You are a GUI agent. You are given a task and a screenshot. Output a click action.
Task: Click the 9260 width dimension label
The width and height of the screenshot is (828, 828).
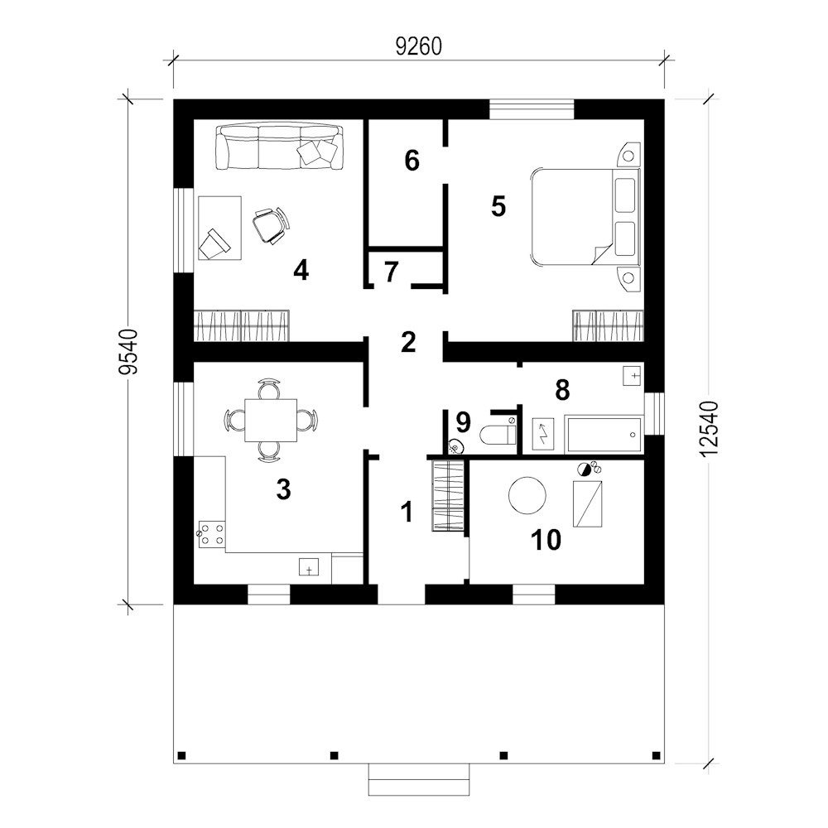click(x=418, y=46)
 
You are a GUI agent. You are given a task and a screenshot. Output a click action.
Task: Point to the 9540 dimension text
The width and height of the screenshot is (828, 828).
click(x=128, y=352)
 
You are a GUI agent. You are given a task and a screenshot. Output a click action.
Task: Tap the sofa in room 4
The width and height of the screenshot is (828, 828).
click(x=279, y=147)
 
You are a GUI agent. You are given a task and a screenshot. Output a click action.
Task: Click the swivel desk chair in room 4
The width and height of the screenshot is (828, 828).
click(x=272, y=225)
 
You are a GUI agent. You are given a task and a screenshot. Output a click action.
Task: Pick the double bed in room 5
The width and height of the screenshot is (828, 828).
click(x=585, y=216)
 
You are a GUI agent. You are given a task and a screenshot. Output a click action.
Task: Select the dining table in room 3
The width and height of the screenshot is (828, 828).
click(x=271, y=421)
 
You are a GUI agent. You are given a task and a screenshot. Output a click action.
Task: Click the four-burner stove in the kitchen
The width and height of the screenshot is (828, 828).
click(x=212, y=534)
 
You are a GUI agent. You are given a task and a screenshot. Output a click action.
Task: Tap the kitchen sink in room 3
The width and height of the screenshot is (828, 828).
click(x=309, y=566)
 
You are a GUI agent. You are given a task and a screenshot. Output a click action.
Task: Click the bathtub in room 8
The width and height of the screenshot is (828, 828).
click(x=604, y=435)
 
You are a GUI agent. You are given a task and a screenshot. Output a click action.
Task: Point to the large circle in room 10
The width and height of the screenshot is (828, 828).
click(x=527, y=495)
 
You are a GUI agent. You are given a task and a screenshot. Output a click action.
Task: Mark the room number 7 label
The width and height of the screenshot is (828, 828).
click(x=390, y=272)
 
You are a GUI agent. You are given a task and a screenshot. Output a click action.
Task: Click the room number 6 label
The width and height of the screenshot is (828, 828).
click(x=412, y=161)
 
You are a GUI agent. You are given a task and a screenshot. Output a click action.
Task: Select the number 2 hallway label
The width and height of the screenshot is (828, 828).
click(x=408, y=342)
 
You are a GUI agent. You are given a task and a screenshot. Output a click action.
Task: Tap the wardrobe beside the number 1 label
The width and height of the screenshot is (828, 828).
click(x=448, y=495)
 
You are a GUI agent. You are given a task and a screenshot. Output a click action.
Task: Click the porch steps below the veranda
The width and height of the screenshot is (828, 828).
click(x=419, y=779)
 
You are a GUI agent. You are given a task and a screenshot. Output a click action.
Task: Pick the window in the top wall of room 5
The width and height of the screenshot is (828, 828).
click(x=532, y=109)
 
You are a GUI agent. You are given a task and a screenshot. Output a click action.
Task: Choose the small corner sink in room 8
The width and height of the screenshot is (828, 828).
click(x=632, y=375)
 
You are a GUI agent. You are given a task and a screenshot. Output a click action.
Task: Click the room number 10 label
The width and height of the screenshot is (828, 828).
click(x=546, y=540)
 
